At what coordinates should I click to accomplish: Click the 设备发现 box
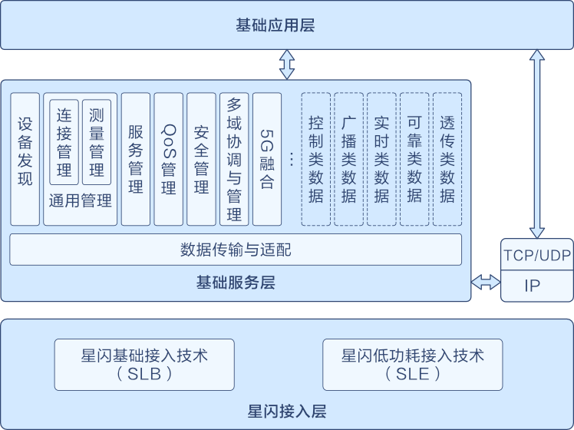(25, 159)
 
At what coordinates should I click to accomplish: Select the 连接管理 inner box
(64, 142)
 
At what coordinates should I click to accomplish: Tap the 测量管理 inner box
(97, 142)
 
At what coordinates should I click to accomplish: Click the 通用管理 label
(81, 201)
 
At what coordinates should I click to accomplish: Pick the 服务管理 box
(136, 159)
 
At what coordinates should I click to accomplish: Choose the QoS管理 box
(169, 159)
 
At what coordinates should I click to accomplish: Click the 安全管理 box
(202, 159)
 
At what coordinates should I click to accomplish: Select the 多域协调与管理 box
(235, 159)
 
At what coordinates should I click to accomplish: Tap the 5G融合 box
(267, 159)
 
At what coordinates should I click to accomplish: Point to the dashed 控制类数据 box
(316, 159)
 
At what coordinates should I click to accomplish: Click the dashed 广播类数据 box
(349, 159)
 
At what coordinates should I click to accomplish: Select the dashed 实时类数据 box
(382, 159)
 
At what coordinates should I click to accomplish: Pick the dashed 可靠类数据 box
(415, 159)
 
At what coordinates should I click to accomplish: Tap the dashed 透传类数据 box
(447, 159)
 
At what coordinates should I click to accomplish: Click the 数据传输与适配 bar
(236, 250)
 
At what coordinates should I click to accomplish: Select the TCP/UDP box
(537, 255)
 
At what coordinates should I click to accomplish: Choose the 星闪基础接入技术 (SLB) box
(145, 365)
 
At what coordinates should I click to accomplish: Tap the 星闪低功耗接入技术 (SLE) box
(414, 365)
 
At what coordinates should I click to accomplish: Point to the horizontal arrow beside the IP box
(486, 283)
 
